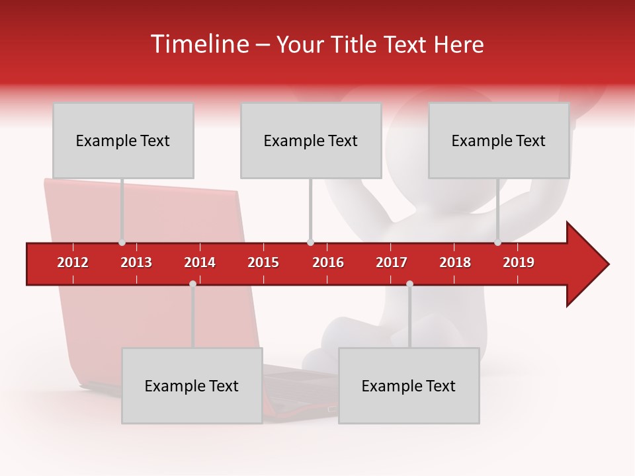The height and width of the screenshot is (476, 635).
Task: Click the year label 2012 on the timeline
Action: point(73,262)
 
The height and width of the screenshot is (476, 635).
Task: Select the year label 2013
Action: point(136,262)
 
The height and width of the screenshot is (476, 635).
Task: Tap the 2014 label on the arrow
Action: point(200,262)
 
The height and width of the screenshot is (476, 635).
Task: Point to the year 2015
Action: point(263,262)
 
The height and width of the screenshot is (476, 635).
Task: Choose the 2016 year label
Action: point(328,262)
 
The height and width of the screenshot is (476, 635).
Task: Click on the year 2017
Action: point(392,262)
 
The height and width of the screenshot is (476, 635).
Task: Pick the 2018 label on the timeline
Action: point(455,262)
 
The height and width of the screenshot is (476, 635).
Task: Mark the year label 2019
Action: point(519,262)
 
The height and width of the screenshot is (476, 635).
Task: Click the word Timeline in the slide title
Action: point(198,44)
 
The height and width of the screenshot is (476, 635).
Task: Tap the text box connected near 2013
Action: point(123,140)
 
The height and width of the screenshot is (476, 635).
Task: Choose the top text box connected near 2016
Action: point(311,140)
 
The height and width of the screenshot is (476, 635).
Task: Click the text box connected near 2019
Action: point(499,140)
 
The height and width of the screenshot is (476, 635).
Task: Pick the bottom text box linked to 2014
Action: point(192,385)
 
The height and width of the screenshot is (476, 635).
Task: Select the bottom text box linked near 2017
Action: point(409,385)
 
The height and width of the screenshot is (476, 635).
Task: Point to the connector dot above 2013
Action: point(122,243)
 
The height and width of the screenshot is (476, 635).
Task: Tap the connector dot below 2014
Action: point(192,284)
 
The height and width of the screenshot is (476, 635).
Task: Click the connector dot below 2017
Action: point(409,284)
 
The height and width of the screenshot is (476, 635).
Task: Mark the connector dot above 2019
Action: point(497,243)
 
